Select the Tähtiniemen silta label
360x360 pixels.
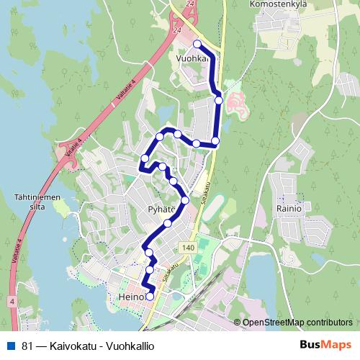[30, 201]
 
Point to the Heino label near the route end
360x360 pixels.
[130, 296]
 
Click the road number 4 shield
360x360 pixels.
[12, 300]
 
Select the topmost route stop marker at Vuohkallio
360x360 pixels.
[197, 44]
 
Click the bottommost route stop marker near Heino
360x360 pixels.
[150, 296]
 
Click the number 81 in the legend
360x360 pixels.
[27, 346]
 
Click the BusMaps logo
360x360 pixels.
[325, 345]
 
